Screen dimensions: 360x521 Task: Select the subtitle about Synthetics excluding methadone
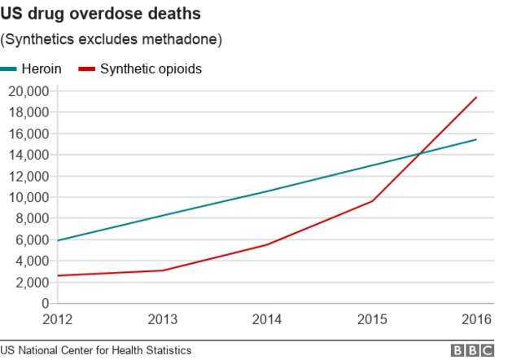[x=112, y=39]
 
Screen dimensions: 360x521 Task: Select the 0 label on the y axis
[x=45, y=304]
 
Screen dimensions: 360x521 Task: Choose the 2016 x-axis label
[x=476, y=319]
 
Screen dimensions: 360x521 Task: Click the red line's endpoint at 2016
[x=476, y=97]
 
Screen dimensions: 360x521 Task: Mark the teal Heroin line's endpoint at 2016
[x=476, y=139]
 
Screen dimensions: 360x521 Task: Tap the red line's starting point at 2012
[x=58, y=276]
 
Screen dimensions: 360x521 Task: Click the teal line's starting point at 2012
[x=58, y=240]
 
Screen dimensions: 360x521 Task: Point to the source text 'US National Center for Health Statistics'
[x=96, y=350]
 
